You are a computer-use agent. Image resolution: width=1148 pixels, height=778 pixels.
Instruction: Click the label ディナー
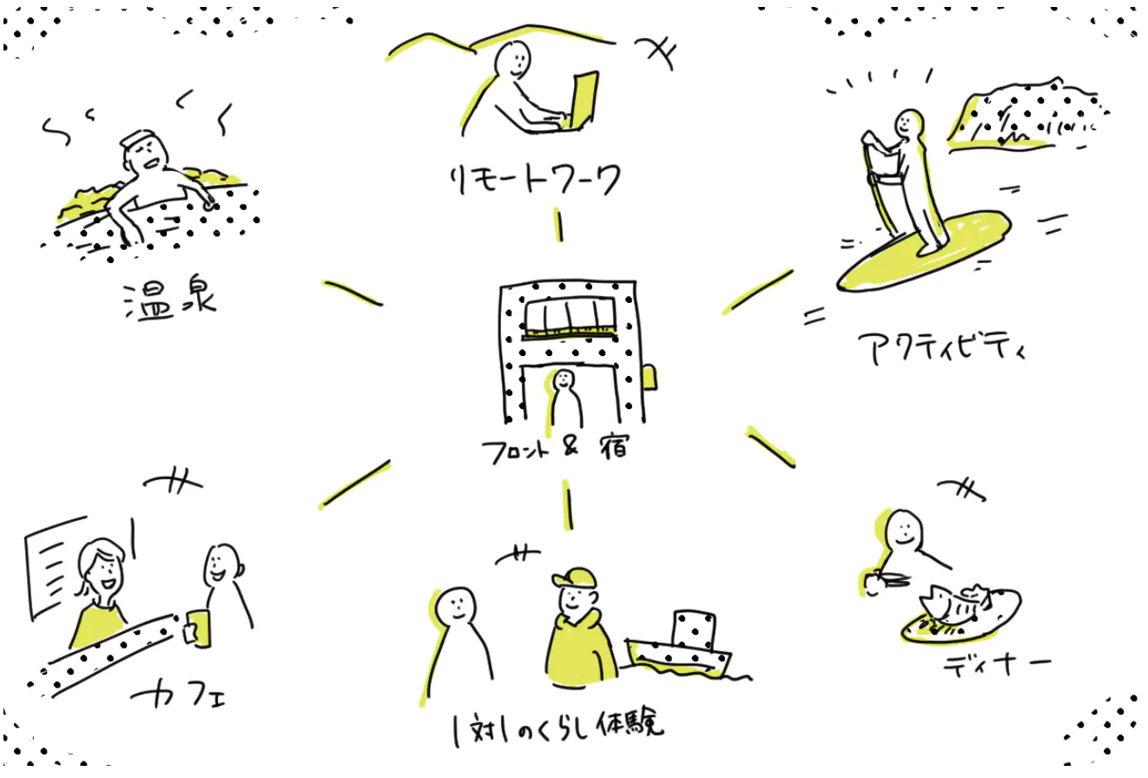click(998, 667)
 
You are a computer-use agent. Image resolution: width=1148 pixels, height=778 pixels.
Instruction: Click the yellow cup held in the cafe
click(198, 628)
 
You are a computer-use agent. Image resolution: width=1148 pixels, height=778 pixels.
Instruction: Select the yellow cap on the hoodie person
click(572, 578)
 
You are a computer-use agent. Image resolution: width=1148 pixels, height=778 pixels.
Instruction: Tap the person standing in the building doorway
click(566, 399)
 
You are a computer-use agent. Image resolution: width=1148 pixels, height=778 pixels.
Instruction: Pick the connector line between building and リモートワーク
click(559, 226)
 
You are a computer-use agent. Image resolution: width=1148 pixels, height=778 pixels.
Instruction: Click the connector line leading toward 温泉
click(352, 293)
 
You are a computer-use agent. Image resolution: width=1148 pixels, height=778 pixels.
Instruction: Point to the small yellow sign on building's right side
click(648, 377)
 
